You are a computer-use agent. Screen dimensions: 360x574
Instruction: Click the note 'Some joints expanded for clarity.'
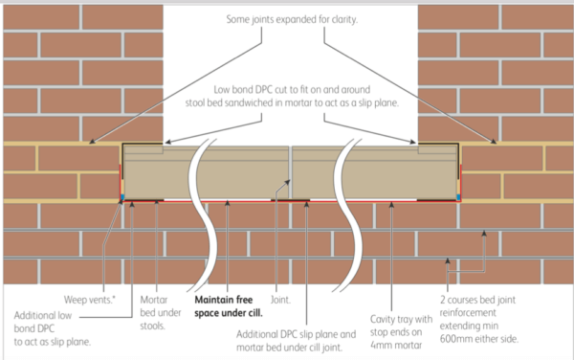290,19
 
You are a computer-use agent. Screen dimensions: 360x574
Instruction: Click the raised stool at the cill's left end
143,149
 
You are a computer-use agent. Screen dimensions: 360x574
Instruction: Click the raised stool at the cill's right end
437,149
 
